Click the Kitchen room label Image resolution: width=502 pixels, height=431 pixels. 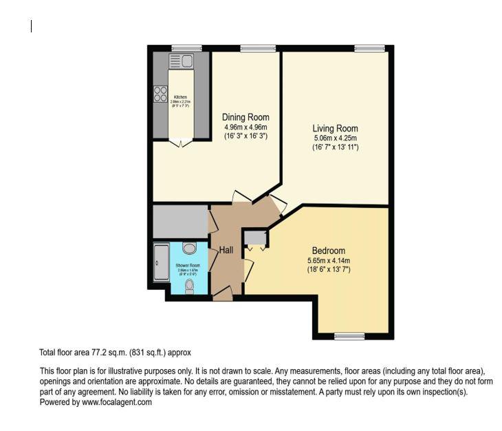pos(180,97)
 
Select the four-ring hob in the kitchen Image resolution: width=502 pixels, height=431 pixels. pos(161,94)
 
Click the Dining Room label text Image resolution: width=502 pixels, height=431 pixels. pos(245,118)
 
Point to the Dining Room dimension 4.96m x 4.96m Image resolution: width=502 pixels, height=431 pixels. pos(245,127)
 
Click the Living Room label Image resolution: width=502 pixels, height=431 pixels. pos(335,129)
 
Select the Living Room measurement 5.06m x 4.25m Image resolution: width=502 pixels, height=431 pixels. pos(335,138)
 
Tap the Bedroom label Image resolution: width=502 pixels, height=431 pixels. pos(328,251)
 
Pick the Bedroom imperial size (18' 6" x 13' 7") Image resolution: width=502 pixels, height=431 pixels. pos(328,270)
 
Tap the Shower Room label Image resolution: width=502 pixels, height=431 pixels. pos(187,265)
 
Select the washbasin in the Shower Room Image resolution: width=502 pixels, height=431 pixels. pos(190,248)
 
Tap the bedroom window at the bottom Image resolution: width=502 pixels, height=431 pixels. pos(349,336)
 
